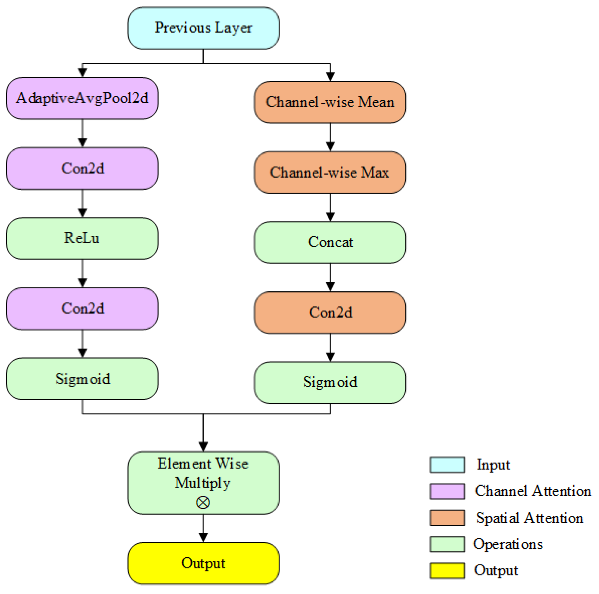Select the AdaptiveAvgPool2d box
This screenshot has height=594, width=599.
pos(82,98)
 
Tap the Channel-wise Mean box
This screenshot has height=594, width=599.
pos(330,102)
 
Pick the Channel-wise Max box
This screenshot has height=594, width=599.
pos(330,172)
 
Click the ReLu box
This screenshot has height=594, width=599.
pos(82,238)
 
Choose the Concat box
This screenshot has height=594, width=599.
pos(330,242)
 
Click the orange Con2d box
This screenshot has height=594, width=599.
pos(330,312)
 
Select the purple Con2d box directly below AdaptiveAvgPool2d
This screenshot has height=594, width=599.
pos(82,168)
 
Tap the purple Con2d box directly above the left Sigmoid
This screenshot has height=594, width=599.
pos(82,308)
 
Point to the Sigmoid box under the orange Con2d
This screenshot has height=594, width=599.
pos(330,382)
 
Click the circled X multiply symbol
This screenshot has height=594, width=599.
pos(203,502)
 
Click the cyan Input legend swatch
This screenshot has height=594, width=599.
pos(447,465)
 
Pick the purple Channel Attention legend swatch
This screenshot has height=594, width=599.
pos(447,491)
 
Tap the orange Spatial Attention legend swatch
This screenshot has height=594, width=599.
pos(447,518)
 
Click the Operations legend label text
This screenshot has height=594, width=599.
pos(507,544)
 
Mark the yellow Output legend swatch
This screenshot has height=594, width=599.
pos(447,570)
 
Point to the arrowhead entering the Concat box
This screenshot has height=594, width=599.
pos(330,216)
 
